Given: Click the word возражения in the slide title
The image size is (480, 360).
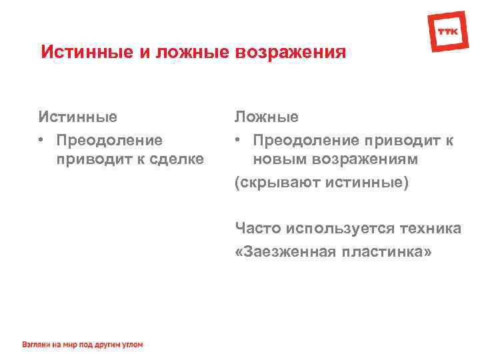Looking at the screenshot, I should coord(290,52).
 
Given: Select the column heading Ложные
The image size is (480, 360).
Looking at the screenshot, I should coord(266,117).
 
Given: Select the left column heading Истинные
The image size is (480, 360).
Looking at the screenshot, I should coord(77,117).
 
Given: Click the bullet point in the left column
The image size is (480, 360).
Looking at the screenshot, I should coord(41,140).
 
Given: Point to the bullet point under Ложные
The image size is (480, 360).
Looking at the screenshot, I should coord(237,140).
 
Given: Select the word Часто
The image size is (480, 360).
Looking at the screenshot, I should coord(258,229).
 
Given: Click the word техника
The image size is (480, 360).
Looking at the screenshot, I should coord(430,229).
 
